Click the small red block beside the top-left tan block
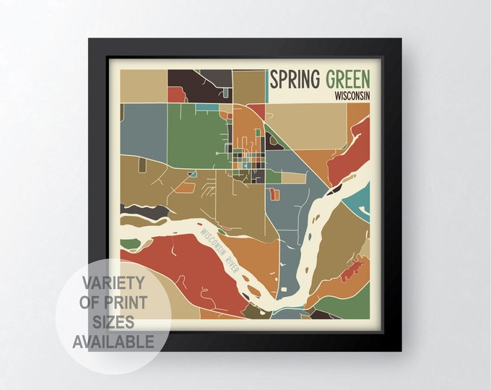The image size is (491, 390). tap(175, 94)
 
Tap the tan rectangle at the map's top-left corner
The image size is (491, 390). tap(143, 85)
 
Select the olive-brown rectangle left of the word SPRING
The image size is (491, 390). tap(249, 87)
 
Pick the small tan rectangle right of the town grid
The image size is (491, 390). tap(292, 178)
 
